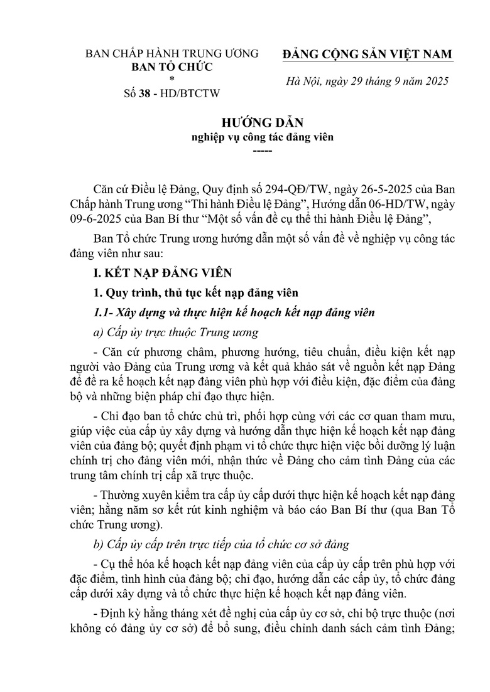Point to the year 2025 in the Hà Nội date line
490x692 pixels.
[x=435, y=82]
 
